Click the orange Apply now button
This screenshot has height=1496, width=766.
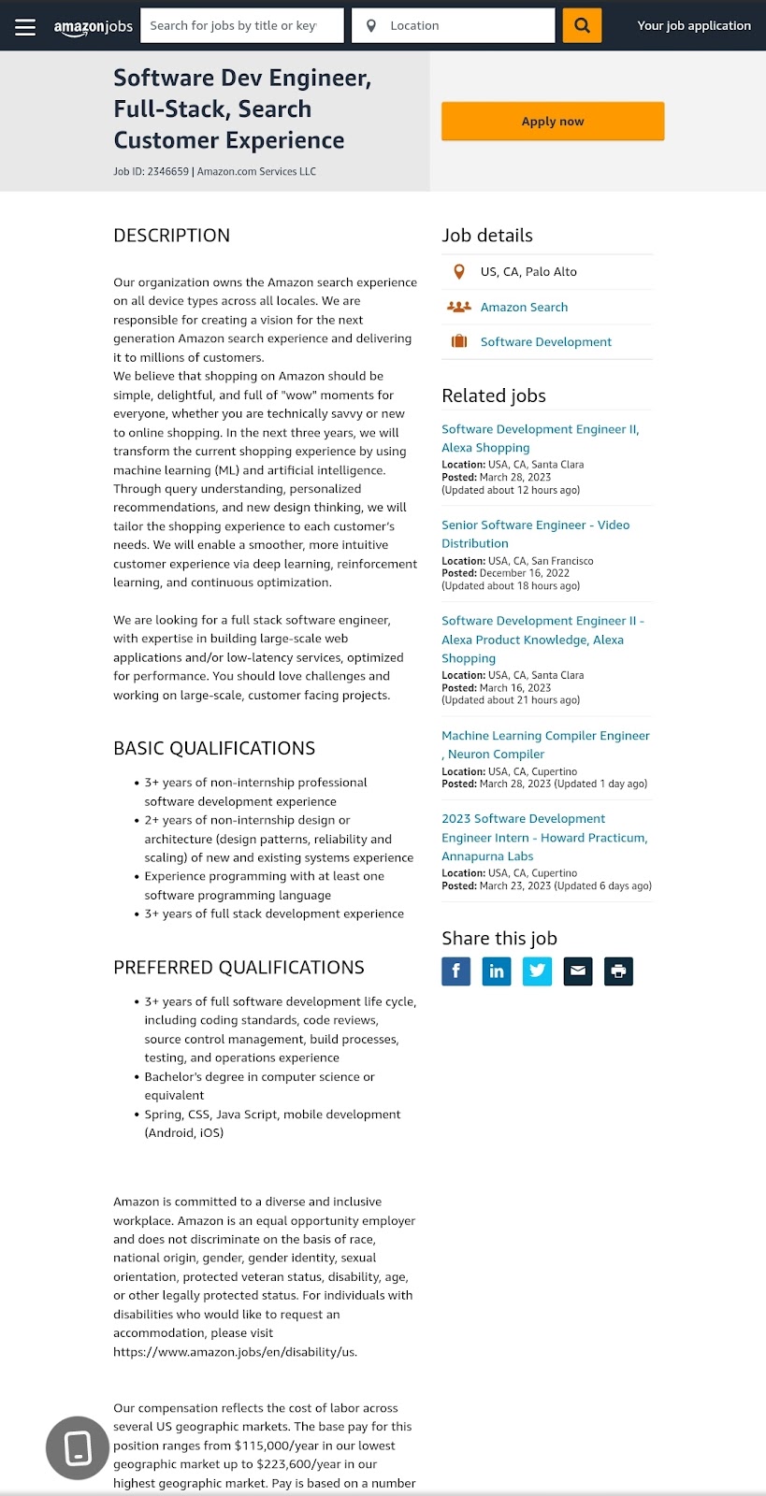(552, 122)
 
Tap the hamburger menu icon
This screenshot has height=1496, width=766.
(25, 26)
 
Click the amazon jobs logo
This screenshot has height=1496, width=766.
(94, 26)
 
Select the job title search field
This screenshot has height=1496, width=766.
(241, 26)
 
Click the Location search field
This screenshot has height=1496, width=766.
(454, 26)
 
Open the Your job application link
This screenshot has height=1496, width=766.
(693, 26)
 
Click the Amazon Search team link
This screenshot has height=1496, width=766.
(524, 307)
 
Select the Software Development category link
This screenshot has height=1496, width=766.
(545, 342)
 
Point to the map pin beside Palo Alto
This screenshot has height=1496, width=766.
(459, 272)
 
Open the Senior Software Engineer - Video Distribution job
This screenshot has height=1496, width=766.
(535, 534)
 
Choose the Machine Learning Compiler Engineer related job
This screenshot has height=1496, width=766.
(545, 744)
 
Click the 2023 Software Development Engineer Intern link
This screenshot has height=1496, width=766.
(543, 837)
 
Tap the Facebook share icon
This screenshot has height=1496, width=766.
(456, 971)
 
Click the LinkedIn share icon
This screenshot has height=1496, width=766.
(497, 971)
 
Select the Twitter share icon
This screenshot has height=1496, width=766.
(537, 971)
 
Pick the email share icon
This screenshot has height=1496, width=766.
(578, 971)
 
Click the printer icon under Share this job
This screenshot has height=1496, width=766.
(618, 971)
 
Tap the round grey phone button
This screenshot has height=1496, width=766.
(78, 1448)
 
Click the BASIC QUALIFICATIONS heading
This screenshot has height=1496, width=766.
(214, 748)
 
